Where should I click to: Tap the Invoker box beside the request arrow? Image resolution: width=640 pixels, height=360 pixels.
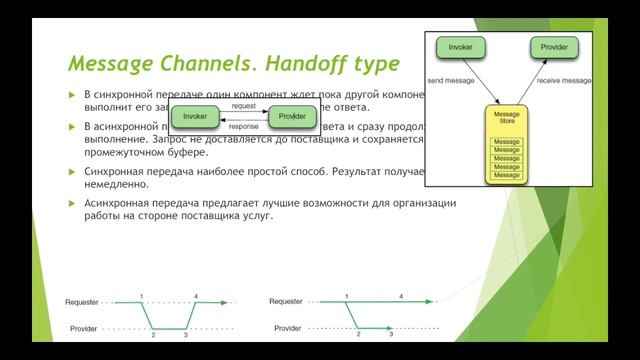(x=195, y=116)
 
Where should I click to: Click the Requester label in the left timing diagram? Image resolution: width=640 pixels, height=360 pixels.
(x=82, y=301)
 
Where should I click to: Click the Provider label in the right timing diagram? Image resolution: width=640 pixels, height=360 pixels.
(x=287, y=328)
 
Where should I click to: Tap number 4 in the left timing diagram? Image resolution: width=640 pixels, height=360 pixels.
(x=196, y=296)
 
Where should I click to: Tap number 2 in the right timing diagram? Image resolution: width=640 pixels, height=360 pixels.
(x=358, y=335)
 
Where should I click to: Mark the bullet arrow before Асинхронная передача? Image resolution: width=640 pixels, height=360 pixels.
(x=72, y=203)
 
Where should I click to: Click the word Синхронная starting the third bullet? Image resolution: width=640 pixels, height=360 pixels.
(x=115, y=172)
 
